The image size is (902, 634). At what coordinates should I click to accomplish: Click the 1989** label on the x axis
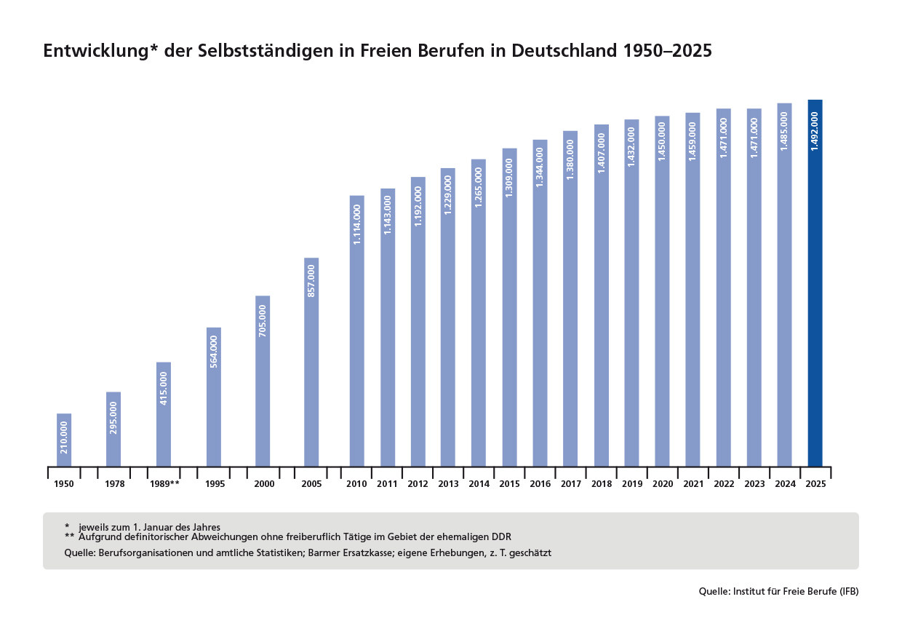pyautogui.click(x=164, y=484)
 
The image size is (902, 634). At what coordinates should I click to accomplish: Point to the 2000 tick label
pyautogui.click(x=265, y=484)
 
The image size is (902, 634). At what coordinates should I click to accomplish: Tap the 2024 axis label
pyautogui.click(x=785, y=484)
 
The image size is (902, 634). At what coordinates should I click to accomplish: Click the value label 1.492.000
pyautogui.click(x=815, y=131)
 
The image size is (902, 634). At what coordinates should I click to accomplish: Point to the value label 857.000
pyautogui.click(x=311, y=281)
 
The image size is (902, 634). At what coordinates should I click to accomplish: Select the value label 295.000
pyautogui.click(x=113, y=418)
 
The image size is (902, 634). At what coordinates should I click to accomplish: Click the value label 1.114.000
pyautogui.click(x=357, y=224)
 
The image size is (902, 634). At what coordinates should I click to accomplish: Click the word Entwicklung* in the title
pyautogui.click(x=100, y=52)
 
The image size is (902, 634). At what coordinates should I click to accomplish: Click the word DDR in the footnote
pyautogui.click(x=501, y=536)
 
